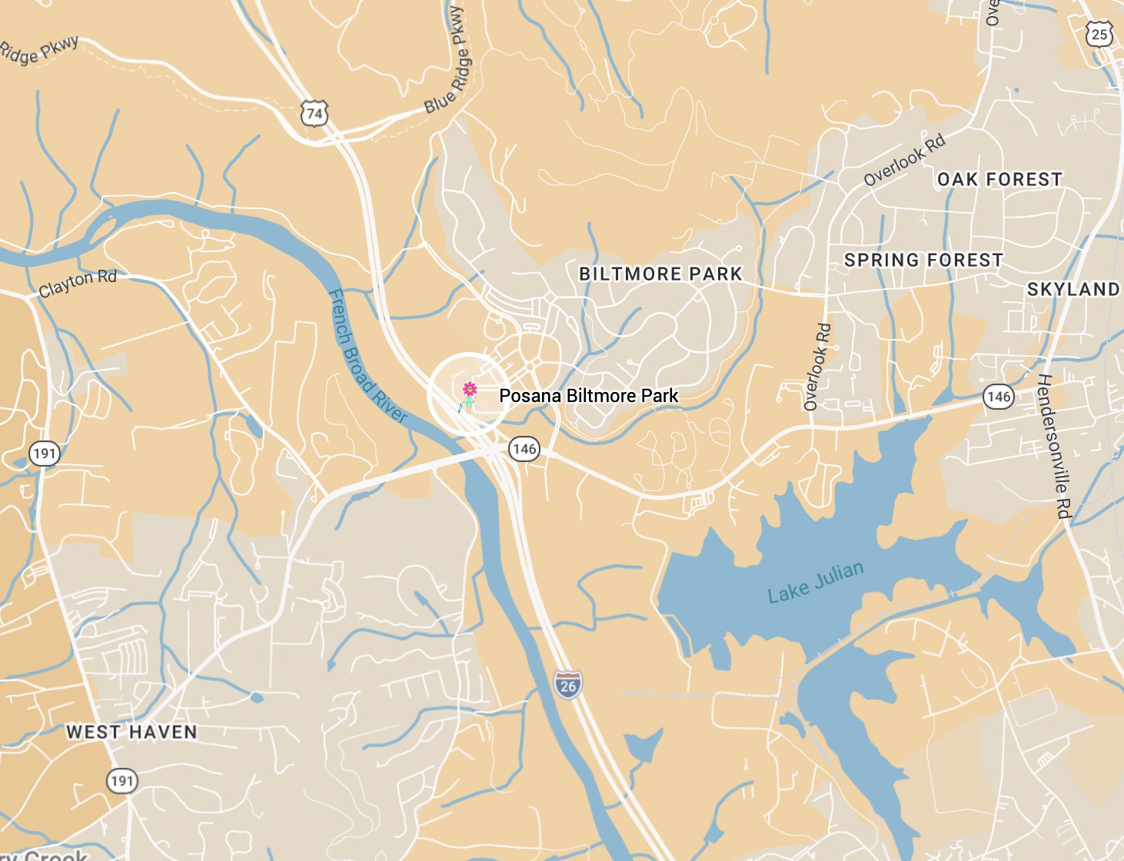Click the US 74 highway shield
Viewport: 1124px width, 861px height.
click(x=314, y=114)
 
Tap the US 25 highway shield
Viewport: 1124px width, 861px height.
click(x=1099, y=34)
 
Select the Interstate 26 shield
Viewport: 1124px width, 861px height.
click(x=567, y=684)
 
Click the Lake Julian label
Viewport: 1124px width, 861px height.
click(x=816, y=583)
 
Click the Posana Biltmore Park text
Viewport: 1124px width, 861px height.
click(x=588, y=396)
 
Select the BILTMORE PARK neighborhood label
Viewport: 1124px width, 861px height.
click(x=660, y=274)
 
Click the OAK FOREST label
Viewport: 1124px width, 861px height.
click(x=999, y=179)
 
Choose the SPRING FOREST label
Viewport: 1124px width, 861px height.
click(x=923, y=260)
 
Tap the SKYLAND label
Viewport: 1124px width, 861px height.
click(x=1073, y=289)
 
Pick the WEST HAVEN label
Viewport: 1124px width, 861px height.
click(x=131, y=732)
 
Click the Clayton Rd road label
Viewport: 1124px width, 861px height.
click(x=78, y=282)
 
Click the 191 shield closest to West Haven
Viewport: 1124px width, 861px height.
click(x=121, y=781)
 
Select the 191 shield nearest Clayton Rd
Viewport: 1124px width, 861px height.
click(x=45, y=453)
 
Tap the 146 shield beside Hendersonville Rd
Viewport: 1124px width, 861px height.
click(x=998, y=397)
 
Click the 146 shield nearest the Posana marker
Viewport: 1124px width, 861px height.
click(x=524, y=449)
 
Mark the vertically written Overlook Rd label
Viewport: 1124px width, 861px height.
click(x=817, y=367)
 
